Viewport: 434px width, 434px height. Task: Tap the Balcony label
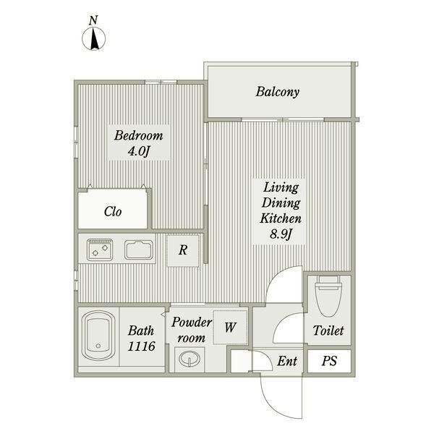(277, 92)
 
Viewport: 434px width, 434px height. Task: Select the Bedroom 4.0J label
(139, 143)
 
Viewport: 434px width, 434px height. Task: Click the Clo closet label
(113, 212)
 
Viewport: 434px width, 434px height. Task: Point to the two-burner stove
(100, 250)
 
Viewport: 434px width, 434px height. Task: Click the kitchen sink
(139, 250)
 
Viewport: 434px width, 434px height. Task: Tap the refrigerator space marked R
(183, 250)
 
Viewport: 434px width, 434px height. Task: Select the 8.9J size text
(281, 234)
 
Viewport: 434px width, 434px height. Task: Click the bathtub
(98, 336)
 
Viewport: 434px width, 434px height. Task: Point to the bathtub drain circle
(98, 346)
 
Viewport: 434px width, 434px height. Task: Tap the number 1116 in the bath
(142, 346)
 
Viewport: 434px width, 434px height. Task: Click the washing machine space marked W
(230, 328)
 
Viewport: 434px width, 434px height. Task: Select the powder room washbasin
(190, 359)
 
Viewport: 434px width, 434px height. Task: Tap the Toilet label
(328, 331)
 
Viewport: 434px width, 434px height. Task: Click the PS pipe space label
(329, 361)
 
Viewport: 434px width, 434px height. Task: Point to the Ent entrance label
(287, 361)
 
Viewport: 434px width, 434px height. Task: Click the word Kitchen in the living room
(281, 218)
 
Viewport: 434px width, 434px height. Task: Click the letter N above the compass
(93, 20)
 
